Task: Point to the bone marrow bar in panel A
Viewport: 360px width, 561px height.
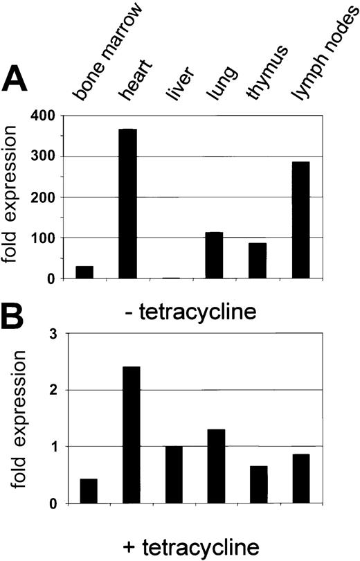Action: click(x=84, y=272)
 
